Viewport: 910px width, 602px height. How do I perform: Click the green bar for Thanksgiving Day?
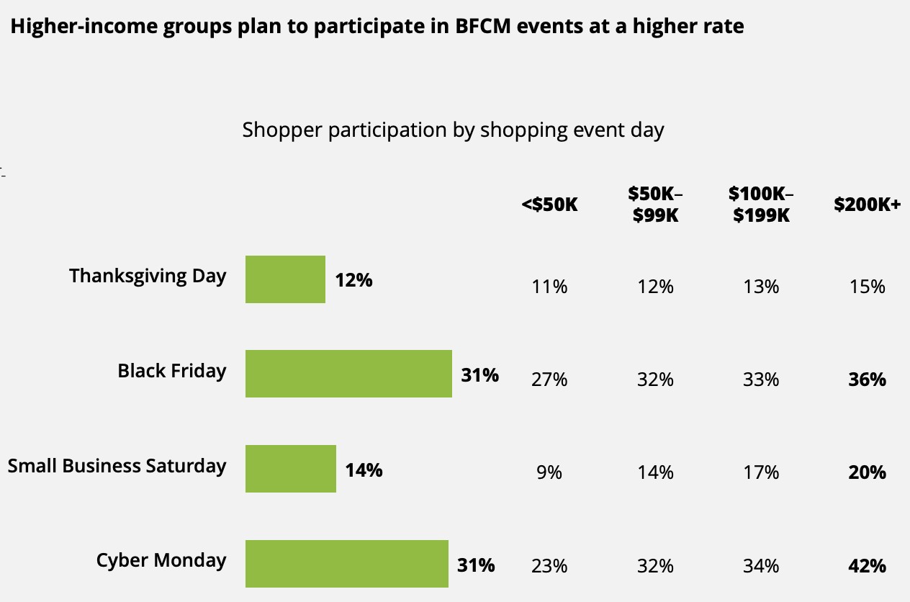[x=285, y=279]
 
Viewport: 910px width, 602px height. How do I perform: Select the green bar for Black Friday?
[x=348, y=374]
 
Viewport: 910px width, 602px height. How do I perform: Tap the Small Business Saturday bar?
[x=291, y=469]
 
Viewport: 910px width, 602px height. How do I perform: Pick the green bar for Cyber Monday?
[x=346, y=563]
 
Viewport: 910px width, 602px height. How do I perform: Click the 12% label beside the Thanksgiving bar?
[x=353, y=280]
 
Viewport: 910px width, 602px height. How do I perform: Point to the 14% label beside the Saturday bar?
[x=364, y=471]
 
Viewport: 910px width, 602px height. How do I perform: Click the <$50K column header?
[x=549, y=205]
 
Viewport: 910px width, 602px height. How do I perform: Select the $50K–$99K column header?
[x=655, y=204]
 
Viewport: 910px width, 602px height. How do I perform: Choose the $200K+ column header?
[x=867, y=205]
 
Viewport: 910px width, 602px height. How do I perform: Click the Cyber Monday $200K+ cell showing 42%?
[x=867, y=566]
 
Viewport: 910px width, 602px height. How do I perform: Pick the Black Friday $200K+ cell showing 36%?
[x=867, y=379]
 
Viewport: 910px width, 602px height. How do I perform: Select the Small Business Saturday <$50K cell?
[x=549, y=472]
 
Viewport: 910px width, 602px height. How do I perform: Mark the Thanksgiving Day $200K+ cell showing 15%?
[x=867, y=287]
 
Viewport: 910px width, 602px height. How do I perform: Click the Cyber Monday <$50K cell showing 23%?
[x=549, y=566]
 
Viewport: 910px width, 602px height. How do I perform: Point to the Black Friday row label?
[x=172, y=371]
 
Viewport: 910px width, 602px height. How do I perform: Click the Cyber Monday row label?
[x=161, y=560]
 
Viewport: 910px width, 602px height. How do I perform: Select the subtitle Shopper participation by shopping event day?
[x=453, y=130]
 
